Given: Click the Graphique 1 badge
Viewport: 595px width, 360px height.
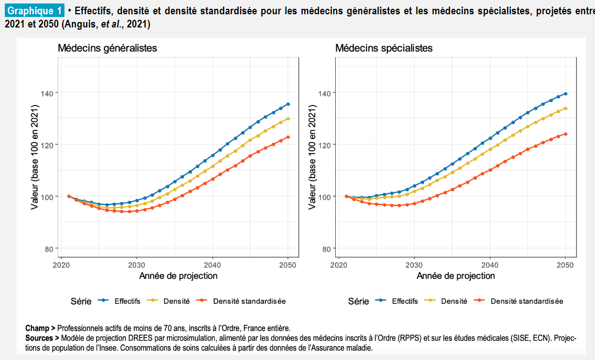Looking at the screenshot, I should [x=35, y=11].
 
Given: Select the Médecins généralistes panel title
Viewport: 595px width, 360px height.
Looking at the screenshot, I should [x=107, y=48].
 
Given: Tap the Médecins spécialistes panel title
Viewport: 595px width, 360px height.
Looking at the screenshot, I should [x=384, y=48].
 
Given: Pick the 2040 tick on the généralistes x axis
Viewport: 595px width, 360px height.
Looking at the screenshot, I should [x=213, y=264].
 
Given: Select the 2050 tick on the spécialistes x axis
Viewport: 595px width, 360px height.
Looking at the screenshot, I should [x=565, y=264].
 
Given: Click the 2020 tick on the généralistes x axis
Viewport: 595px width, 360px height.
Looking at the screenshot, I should [x=62, y=264].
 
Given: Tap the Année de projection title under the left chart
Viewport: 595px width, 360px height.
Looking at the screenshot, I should [x=178, y=275].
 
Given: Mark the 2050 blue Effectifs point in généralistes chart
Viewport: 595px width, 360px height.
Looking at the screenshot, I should [x=288, y=104].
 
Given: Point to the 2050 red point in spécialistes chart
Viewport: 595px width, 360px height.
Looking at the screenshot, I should [x=565, y=134].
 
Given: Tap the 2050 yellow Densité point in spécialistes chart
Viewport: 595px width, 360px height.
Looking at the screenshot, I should [x=565, y=108].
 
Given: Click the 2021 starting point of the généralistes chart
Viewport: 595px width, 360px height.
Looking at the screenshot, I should [x=69, y=196].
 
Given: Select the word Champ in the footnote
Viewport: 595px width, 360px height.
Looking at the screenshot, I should [x=37, y=328].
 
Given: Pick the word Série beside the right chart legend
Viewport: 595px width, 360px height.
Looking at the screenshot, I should [x=358, y=301].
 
